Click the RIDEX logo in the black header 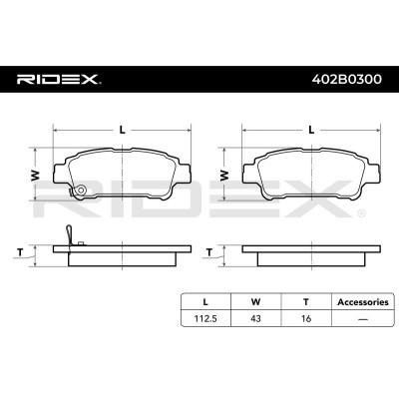coord(59,80)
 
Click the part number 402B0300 coord(346,80)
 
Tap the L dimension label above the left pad coord(123,130)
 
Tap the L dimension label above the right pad coord(311,130)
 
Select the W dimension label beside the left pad coord(35,176)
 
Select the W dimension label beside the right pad coord(224,176)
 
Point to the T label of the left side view coord(21,252)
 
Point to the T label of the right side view coord(209,252)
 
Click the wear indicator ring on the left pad coord(81,190)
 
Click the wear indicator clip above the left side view coord(69,234)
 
